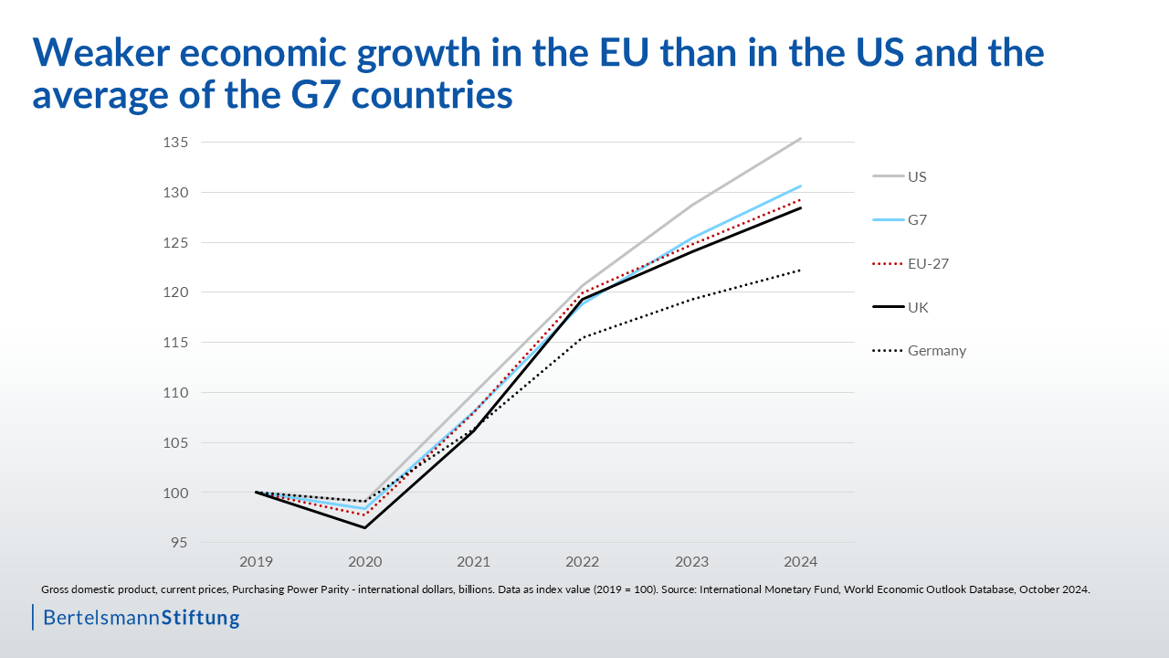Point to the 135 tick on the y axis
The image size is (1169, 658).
(x=176, y=143)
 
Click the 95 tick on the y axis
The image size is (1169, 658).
(x=179, y=543)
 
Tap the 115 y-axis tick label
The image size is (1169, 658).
(x=176, y=343)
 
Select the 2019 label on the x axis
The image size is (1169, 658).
(x=256, y=561)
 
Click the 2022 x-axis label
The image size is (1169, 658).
(x=583, y=561)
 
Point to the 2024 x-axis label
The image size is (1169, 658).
(x=800, y=561)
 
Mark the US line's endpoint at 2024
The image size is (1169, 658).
(x=800, y=139)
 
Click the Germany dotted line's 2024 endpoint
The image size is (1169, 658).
(x=800, y=270)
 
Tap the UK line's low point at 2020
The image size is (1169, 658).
(x=365, y=527)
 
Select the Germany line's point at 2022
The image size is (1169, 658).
(x=583, y=337)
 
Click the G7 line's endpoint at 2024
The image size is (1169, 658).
(x=800, y=186)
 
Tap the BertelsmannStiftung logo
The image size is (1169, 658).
(x=141, y=618)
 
